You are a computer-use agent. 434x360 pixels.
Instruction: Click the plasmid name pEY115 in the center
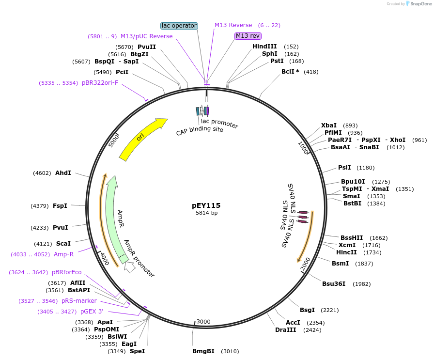(x=206, y=205)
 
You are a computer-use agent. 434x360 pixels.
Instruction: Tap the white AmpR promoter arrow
(x=130, y=266)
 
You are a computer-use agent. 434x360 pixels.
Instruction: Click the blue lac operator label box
(x=179, y=25)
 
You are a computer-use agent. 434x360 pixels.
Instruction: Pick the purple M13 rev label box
(x=248, y=36)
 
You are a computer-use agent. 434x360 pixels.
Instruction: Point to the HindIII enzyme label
(x=264, y=47)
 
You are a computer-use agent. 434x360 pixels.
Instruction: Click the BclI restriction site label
(x=291, y=72)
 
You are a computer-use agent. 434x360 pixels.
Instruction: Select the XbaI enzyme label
(x=329, y=125)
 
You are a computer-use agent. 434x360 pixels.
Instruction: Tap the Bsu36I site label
(x=334, y=283)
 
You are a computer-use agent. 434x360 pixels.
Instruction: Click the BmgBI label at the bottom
(x=203, y=351)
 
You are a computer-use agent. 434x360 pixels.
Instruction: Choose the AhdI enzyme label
(x=63, y=173)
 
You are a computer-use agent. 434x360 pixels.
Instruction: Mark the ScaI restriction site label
(x=63, y=243)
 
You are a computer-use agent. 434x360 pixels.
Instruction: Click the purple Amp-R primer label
(x=64, y=254)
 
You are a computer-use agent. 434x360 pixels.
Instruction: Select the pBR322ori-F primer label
(x=100, y=83)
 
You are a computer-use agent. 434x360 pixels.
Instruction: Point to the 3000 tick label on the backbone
(x=203, y=322)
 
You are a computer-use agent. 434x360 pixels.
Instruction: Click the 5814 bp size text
(x=206, y=213)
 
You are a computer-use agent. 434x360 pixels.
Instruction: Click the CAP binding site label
(x=200, y=130)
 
